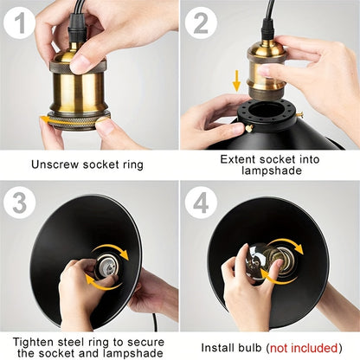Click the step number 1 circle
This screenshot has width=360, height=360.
coord(20,22)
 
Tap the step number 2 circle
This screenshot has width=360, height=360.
coord(201,22)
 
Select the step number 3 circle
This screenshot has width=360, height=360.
coord(20,202)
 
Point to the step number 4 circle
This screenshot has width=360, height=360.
coord(201,202)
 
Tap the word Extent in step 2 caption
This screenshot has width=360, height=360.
coord(238,159)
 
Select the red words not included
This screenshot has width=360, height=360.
coord(304,348)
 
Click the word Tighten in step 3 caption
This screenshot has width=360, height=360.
coord(33,343)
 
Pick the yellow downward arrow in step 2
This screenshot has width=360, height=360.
coord(236,80)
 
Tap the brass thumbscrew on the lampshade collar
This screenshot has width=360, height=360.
coord(248,128)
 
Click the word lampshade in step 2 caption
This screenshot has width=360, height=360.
coord(272,170)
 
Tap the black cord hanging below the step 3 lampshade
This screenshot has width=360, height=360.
coord(155,322)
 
